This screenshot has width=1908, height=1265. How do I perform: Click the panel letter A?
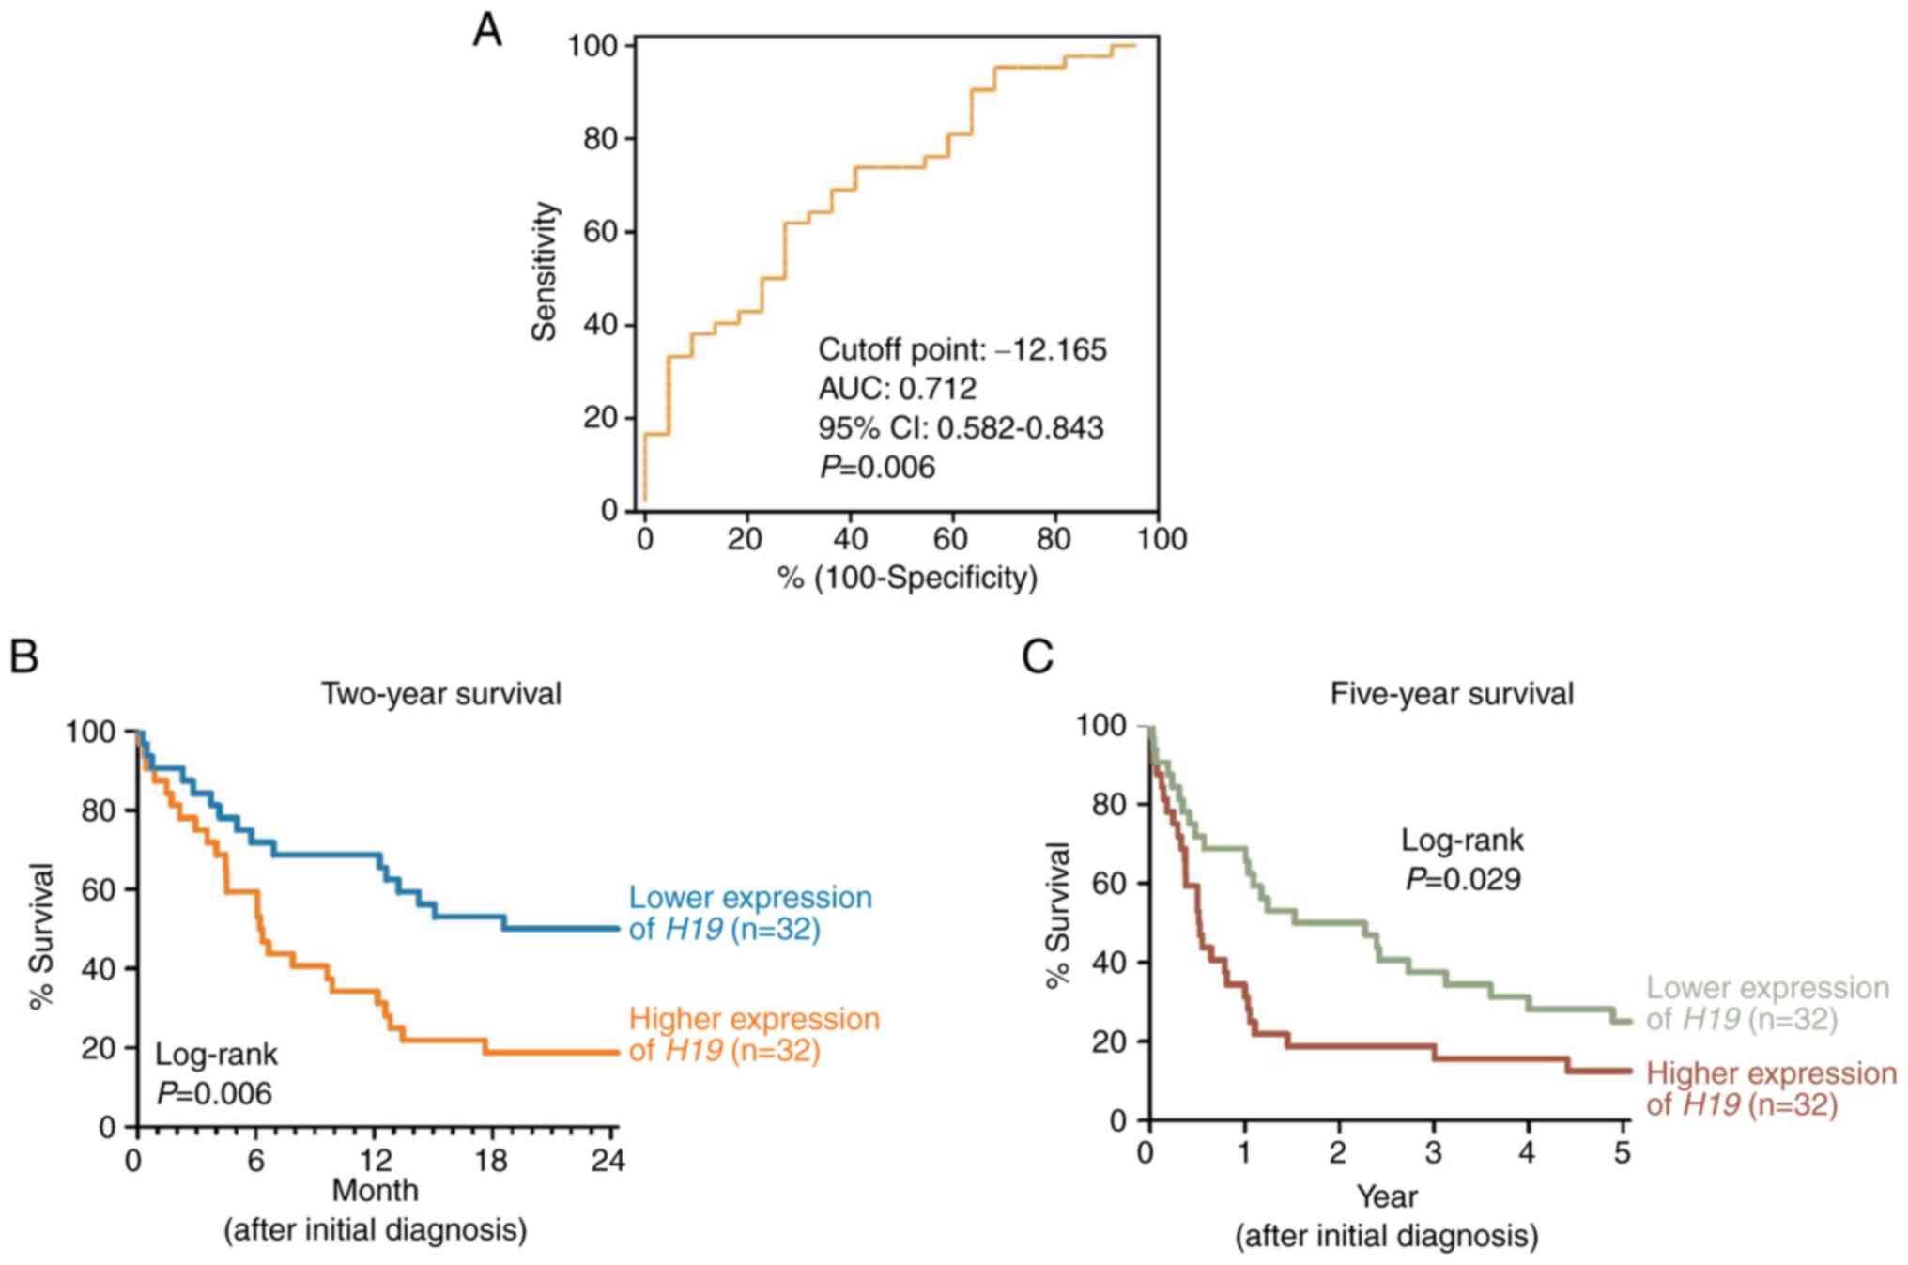(x=487, y=32)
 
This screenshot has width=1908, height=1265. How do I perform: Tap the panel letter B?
(x=23, y=656)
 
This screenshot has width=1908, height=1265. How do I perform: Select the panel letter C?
(x=1038, y=656)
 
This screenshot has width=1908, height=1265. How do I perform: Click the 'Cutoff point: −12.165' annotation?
(x=962, y=350)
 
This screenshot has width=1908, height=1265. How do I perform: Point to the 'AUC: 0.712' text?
(x=897, y=389)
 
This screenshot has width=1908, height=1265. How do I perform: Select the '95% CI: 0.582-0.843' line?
(x=960, y=428)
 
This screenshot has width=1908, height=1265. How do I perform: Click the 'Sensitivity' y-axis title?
(x=545, y=271)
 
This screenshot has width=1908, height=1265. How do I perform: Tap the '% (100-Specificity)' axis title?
(x=907, y=578)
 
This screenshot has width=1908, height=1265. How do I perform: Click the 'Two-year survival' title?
(x=441, y=694)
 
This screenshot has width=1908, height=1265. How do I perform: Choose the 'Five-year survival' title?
(x=1452, y=694)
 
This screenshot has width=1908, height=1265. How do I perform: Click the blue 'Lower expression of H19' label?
(x=749, y=913)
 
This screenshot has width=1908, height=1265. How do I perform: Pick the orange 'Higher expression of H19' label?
(x=753, y=1034)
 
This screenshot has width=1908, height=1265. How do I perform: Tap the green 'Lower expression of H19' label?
(x=1766, y=1003)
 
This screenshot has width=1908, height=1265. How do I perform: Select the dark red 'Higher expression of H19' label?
(x=1771, y=1088)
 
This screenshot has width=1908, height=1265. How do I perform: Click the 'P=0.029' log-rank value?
(x=1463, y=879)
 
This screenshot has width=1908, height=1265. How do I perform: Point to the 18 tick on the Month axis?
(x=491, y=1162)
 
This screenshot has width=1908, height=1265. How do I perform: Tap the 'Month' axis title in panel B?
(x=375, y=1191)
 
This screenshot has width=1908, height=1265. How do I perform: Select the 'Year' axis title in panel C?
(x=1386, y=1196)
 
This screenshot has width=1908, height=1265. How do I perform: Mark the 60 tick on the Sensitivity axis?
(x=601, y=232)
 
